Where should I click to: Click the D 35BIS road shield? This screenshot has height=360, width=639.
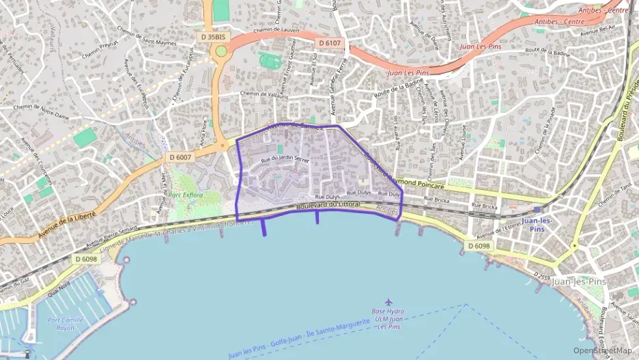[x=213, y=36]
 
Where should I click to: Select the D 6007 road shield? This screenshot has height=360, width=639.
[x=180, y=157]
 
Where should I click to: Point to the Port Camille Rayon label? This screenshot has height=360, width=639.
[x=61, y=323]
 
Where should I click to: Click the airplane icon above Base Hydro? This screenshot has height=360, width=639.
[x=389, y=301]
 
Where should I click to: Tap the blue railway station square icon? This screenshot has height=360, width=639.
[x=538, y=210]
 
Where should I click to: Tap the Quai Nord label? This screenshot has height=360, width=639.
[x=59, y=290]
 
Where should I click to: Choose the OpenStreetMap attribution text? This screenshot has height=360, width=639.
[x=603, y=350]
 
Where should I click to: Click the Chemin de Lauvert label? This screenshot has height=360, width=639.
[x=276, y=30]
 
